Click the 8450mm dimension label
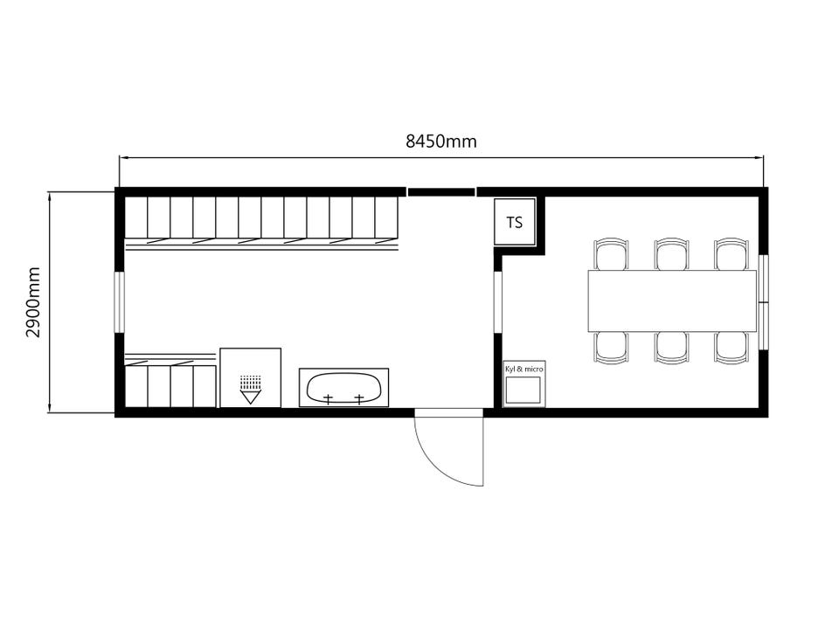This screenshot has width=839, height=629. coord(440,142)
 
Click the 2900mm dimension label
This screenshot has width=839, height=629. coord(33,302)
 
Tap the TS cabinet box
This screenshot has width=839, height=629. coord(515,222)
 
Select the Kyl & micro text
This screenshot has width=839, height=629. coord(524,369)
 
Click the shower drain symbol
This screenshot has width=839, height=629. coord(251,389)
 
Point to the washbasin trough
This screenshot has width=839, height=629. coord(344,387)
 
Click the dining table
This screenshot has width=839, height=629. coord(672,301)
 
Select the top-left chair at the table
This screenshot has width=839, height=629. coord(611,254)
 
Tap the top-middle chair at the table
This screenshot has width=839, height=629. coord(671,254)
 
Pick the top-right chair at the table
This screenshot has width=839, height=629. coord(732,254)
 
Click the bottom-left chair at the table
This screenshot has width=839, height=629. coord(611,348)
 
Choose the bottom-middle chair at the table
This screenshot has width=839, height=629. coord(671,348)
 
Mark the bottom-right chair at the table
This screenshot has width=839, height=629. coord(732,348)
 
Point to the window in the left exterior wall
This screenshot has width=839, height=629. coord(120,302)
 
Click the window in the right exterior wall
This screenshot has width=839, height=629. coord(764,302)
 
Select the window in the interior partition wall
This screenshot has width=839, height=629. coord(497,302)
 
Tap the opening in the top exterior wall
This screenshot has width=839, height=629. coord(441,191)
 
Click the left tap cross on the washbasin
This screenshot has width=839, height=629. coord(328,398)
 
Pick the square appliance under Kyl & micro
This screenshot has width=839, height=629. coord(524,390)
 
